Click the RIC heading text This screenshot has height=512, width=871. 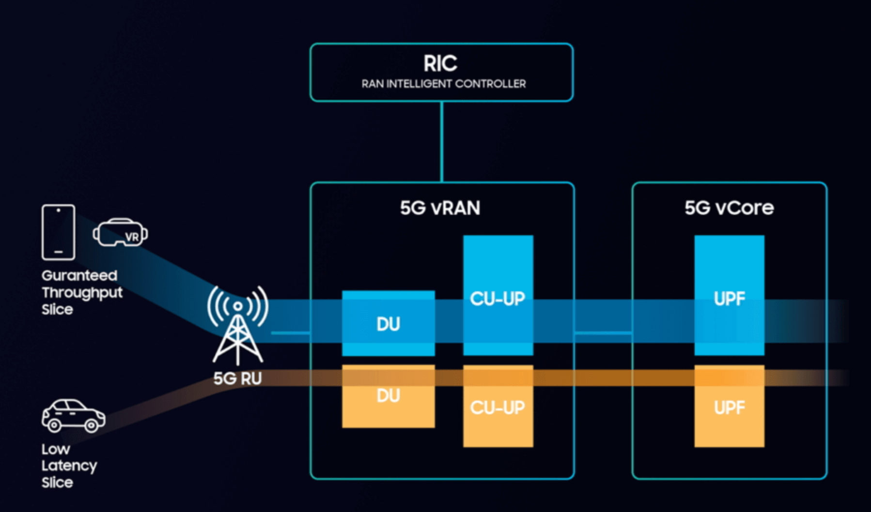440,63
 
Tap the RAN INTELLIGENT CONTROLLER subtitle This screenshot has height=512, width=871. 443,84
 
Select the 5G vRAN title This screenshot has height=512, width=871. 440,208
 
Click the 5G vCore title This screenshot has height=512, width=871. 729,208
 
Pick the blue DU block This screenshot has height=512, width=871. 388,323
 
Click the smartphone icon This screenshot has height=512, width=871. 58,232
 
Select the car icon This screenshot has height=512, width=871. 73,416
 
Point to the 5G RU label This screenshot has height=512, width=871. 237,378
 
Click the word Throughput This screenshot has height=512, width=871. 82,293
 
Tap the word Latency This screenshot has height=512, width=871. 69,466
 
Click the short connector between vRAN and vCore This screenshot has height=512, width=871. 603,333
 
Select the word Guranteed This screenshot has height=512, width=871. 79,275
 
